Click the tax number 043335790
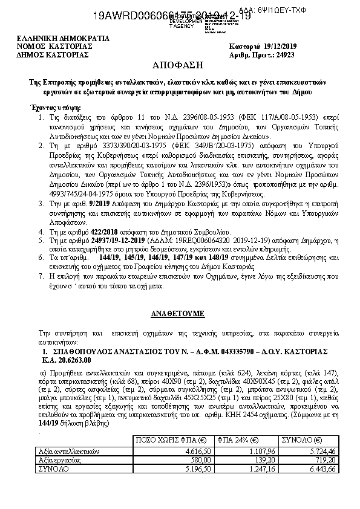tap(231, 351)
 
